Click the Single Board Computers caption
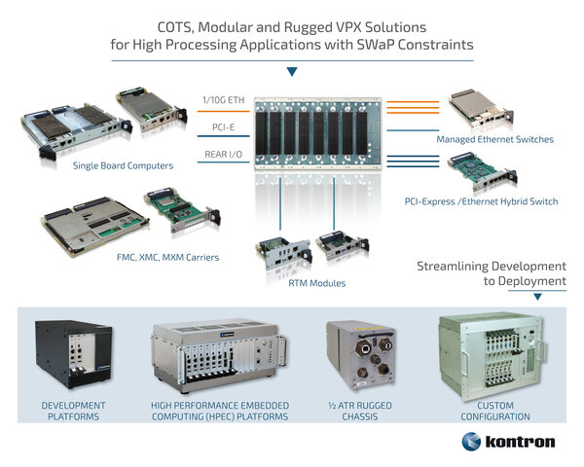point(123,165)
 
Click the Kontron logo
point(507,442)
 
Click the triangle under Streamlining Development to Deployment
point(538,295)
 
